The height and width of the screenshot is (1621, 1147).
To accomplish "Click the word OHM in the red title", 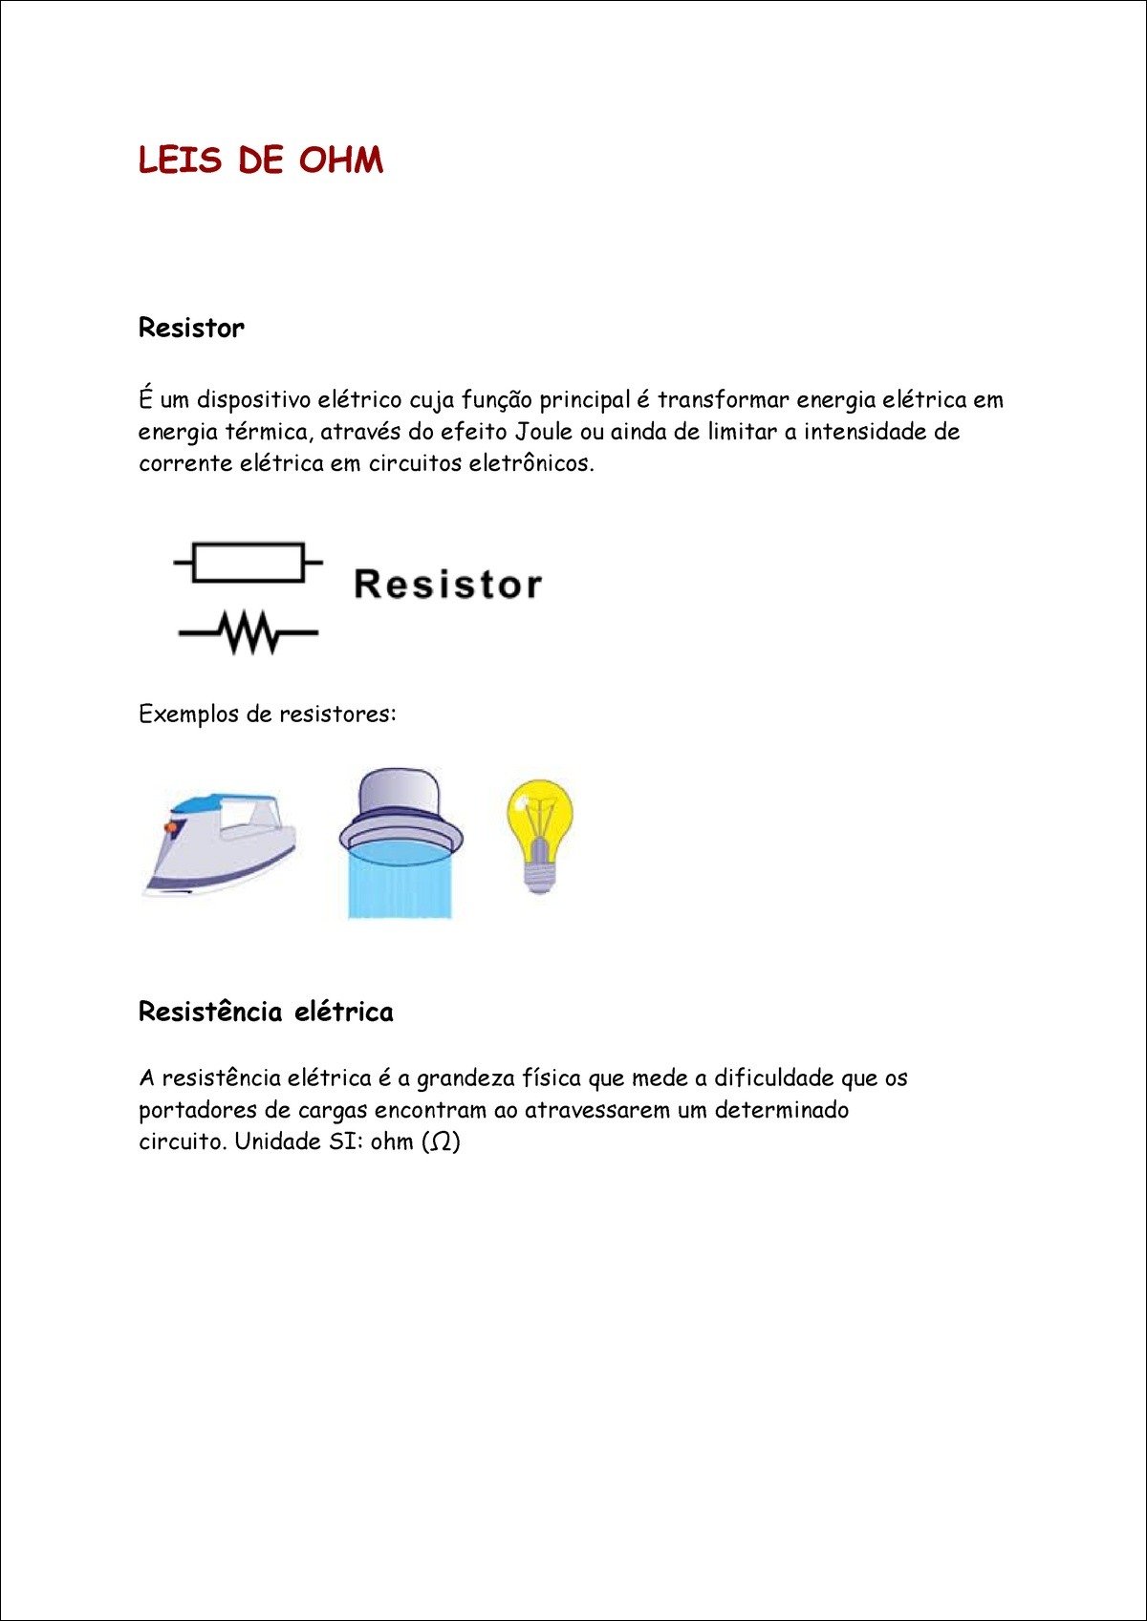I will [x=340, y=160].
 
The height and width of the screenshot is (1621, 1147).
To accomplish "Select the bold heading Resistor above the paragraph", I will [x=191, y=328].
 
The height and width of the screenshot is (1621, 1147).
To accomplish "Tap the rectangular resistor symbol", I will [x=249, y=562].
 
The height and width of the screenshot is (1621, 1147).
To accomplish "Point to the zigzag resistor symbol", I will [x=249, y=632].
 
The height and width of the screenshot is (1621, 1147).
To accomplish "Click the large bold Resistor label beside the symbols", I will [x=447, y=584].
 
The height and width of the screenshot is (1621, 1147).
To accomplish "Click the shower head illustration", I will [x=400, y=812].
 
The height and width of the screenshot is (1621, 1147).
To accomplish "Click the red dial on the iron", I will [x=171, y=826].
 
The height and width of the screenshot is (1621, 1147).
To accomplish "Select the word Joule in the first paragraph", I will [x=544, y=432].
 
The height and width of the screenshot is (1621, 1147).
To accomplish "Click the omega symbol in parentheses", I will [x=441, y=1142].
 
